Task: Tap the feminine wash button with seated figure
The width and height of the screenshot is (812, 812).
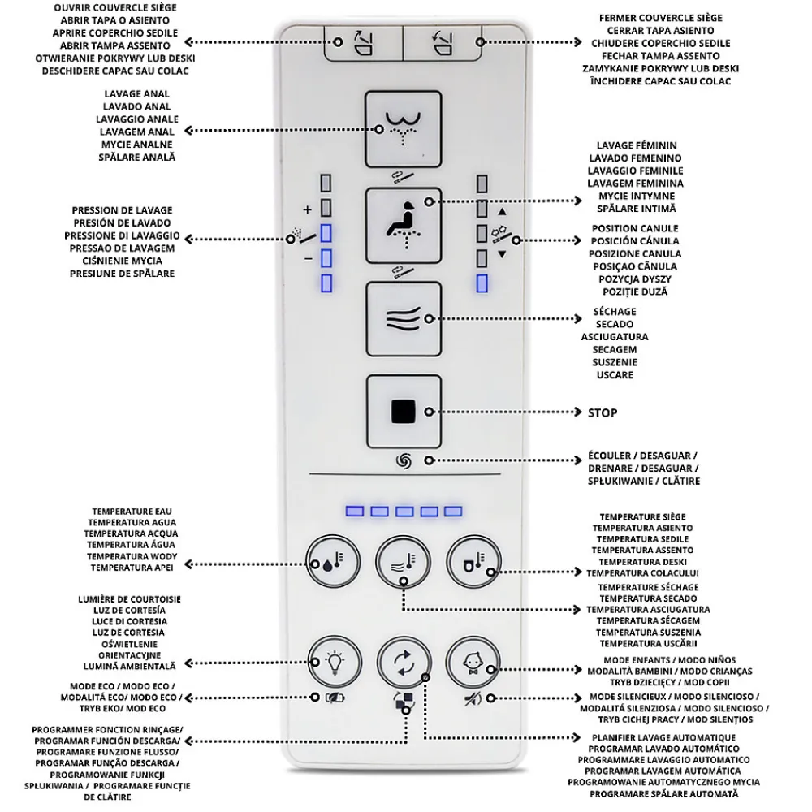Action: pos(404,226)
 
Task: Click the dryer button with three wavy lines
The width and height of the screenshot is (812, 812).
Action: pos(404,319)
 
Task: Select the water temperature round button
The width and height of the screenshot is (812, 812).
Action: pos(333,562)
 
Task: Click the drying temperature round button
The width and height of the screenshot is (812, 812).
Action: pos(404,562)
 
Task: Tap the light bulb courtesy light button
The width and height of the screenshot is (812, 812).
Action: pos(335,663)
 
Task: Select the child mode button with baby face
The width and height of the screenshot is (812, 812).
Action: pos(473,663)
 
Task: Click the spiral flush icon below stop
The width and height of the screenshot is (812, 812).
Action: pos(404,461)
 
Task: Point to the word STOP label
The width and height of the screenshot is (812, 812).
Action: pos(603,413)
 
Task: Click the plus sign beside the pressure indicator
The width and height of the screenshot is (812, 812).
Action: pos(308,209)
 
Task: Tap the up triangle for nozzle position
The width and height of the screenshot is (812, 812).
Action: pos(502,212)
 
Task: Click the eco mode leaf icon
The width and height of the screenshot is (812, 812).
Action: pos(335,698)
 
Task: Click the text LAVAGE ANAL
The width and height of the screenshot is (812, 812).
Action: pos(136,94)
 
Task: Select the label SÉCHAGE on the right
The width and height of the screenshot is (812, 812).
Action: pos(615,312)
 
